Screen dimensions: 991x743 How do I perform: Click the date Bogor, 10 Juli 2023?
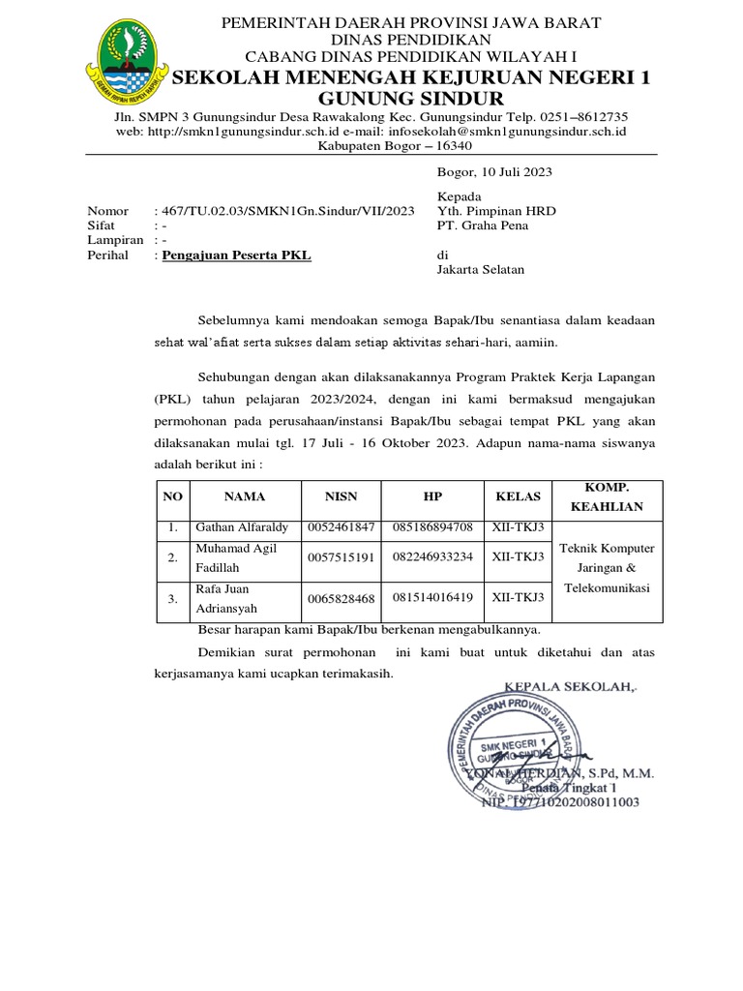pyautogui.click(x=494, y=171)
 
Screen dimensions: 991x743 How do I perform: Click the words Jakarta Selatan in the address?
pyautogui.click(x=481, y=270)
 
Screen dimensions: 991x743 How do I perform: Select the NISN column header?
pyautogui.click(x=341, y=496)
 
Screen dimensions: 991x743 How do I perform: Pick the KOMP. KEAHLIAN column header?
pyautogui.click(x=607, y=497)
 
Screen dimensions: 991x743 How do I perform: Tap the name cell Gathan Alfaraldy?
pyautogui.click(x=242, y=527)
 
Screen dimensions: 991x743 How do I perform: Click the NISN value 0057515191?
pyautogui.click(x=341, y=558)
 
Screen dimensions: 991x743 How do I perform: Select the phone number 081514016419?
pyautogui.click(x=432, y=598)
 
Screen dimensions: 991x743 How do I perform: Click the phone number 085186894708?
pyautogui.click(x=432, y=527)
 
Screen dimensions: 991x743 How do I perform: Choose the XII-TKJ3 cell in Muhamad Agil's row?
pyautogui.click(x=518, y=557)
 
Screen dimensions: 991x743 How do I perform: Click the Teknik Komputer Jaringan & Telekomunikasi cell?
pyautogui.click(x=607, y=568)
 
